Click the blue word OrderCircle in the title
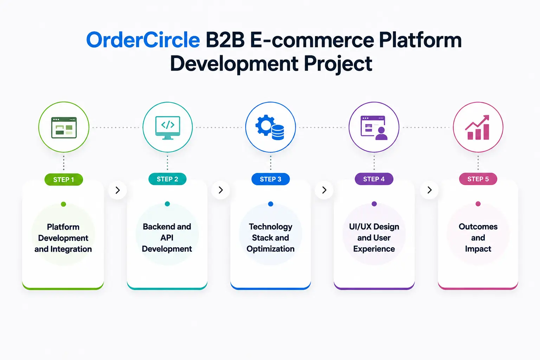pyautogui.click(x=143, y=40)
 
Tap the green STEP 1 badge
pyautogui.click(x=64, y=179)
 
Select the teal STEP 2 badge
pyautogui.click(x=167, y=179)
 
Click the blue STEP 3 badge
pyautogui.click(x=270, y=179)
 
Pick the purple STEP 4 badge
pyautogui.click(x=374, y=179)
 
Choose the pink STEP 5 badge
pyautogui.click(x=478, y=179)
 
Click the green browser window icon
pyautogui.click(x=64, y=128)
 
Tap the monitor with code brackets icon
pyautogui.click(x=168, y=128)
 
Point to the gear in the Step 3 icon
pyautogui.click(x=264, y=125)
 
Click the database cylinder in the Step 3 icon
pyautogui.click(x=278, y=133)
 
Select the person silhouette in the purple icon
pyautogui.click(x=381, y=134)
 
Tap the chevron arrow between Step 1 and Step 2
pyautogui.click(x=118, y=190)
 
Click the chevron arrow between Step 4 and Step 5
pyautogui.click(x=429, y=190)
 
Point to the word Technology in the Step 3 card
pyautogui.click(x=270, y=227)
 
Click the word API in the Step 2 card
pyautogui.click(x=167, y=238)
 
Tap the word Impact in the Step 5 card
pyautogui.click(x=478, y=249)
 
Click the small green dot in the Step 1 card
pyautogui.click(x=63, y=204)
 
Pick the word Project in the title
pyautogui.click(x=338, y=64)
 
